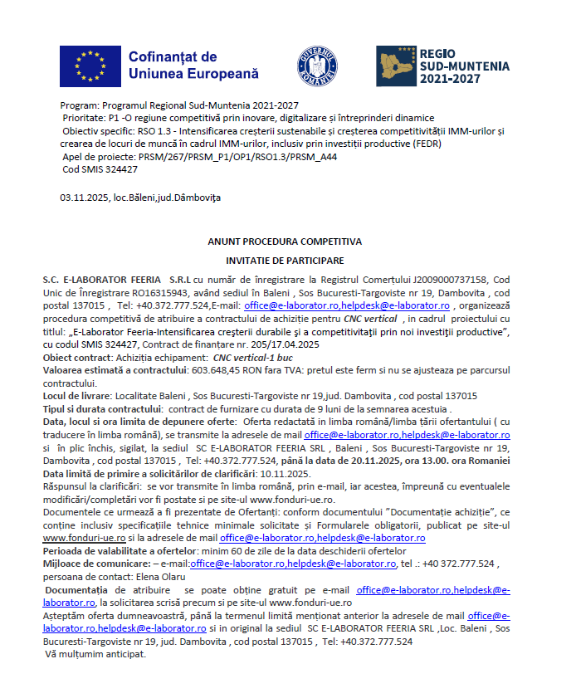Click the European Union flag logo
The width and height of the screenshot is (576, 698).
tap(89, 65)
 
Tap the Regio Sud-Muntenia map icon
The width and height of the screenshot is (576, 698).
tap(396, 66)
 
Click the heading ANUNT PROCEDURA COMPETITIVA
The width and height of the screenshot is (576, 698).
tap(285, 242)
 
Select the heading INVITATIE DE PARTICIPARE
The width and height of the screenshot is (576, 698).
tap(285, 261)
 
